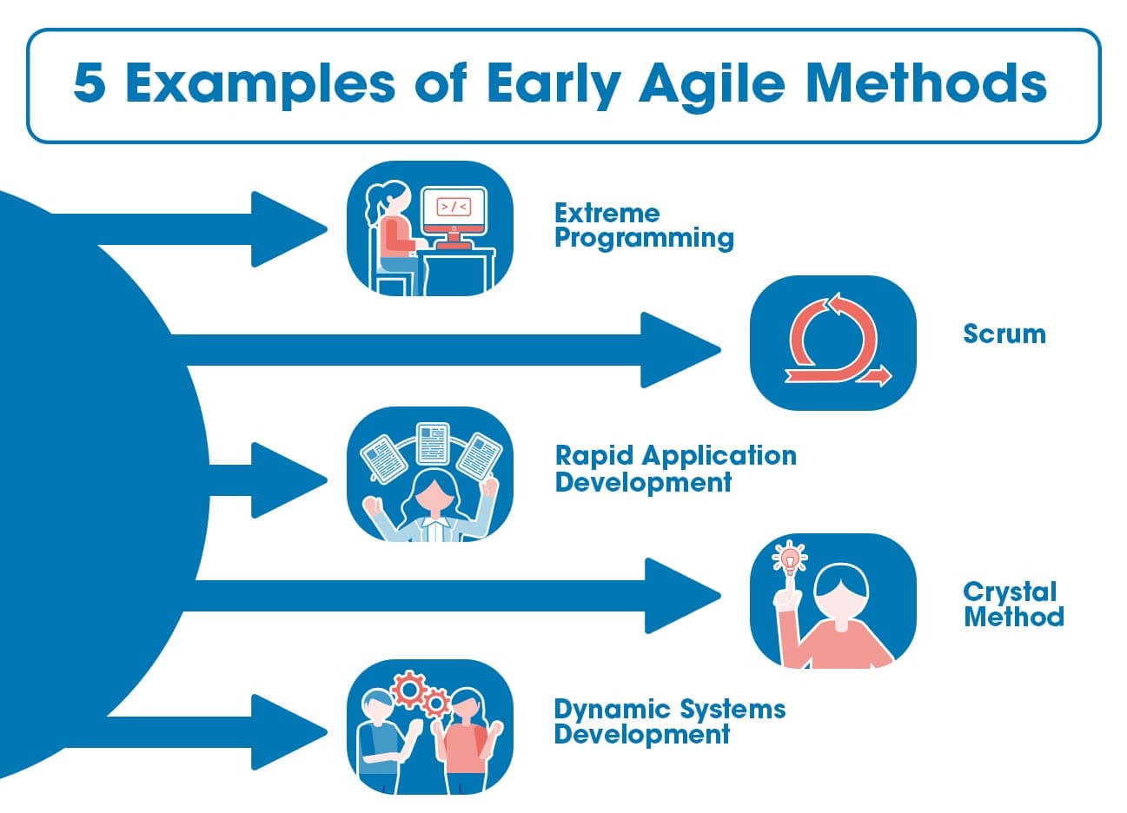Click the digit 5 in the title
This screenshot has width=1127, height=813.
tap(89, 83)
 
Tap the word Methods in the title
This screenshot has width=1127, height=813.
tap(926, 83)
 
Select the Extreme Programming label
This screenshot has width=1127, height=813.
tap(644, 226)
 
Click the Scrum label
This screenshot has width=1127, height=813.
tap(1004, 334)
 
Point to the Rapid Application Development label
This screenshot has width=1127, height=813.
tap(676, 468)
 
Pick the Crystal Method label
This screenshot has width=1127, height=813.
tap(1013, 605)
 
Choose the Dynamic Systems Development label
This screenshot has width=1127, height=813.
tap(670, 722)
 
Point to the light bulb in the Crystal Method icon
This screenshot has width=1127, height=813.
tap(790, 559)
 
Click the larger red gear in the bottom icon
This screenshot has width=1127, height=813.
tap(408, 690)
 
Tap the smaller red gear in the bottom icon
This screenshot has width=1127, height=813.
tap(435, 703)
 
